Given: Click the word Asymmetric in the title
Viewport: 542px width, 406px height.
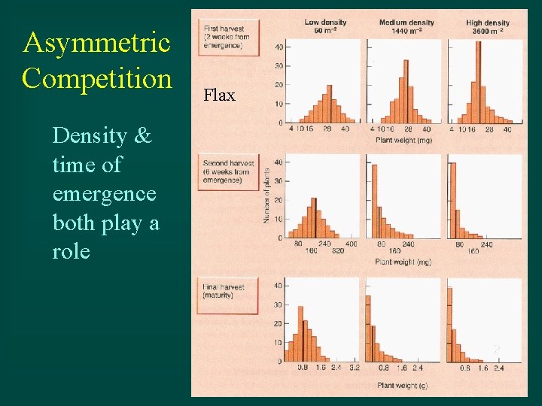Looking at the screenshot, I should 96,43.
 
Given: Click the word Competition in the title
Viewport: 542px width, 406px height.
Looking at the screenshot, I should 97,77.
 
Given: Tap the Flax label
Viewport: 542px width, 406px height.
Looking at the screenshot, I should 219,95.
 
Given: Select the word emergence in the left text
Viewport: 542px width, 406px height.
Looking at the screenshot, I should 105,193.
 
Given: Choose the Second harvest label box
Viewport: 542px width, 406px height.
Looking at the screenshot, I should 228,171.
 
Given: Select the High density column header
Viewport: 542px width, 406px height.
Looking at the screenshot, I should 487,27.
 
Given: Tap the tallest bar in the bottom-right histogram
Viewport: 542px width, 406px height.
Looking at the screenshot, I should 449,323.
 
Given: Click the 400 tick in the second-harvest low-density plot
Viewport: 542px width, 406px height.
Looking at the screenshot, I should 352,244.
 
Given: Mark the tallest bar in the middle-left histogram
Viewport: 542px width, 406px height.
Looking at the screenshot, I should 314,218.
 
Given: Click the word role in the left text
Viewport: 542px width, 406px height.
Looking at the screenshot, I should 72,251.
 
